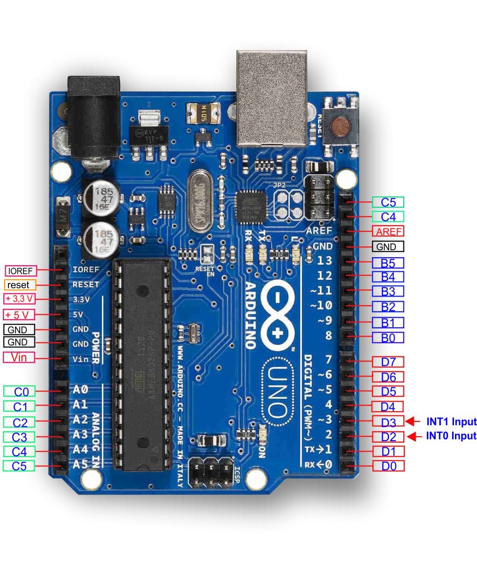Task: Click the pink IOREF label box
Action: pyautogui.click(x=21, y=271)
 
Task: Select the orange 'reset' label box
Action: pyautogui.click(x=20, y=285)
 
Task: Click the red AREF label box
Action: pyautogui.click(x=388, y=231)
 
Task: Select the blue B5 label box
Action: pyautogui.click(x=388, y=263)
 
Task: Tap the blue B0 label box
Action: pyautogui.click(x=388, y=337)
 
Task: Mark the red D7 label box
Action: pyautogui.click(x=388, y=362)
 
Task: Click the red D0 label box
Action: pyautogui.click(x=388, y=466)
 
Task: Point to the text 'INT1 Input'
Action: pyautogui.click(x=451, y=421)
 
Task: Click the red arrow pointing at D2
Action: pyautogui.click(x=412, y=437)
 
